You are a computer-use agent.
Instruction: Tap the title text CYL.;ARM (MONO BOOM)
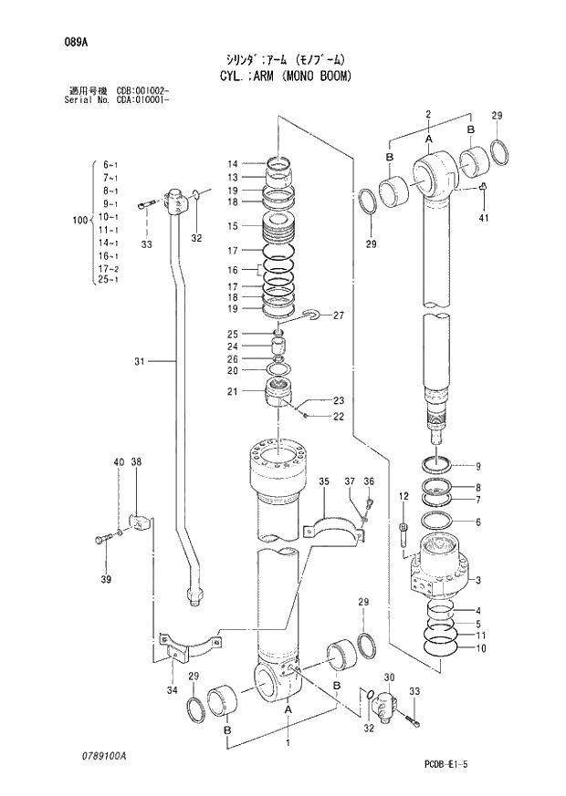tap(285, 75)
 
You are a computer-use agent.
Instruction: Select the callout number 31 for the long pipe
tap(140, 362)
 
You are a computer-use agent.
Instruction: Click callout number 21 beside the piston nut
tap(233, 392)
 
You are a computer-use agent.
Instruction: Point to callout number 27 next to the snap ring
tap(338, 316)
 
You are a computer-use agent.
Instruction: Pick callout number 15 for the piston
tap(233, 226)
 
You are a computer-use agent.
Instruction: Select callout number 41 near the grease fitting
tap(485, 217)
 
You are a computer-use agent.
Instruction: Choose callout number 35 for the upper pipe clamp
tap(323, 481)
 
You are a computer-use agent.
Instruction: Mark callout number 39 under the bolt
tap(106, 580)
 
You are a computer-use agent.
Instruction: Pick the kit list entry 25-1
tap(109, 280)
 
